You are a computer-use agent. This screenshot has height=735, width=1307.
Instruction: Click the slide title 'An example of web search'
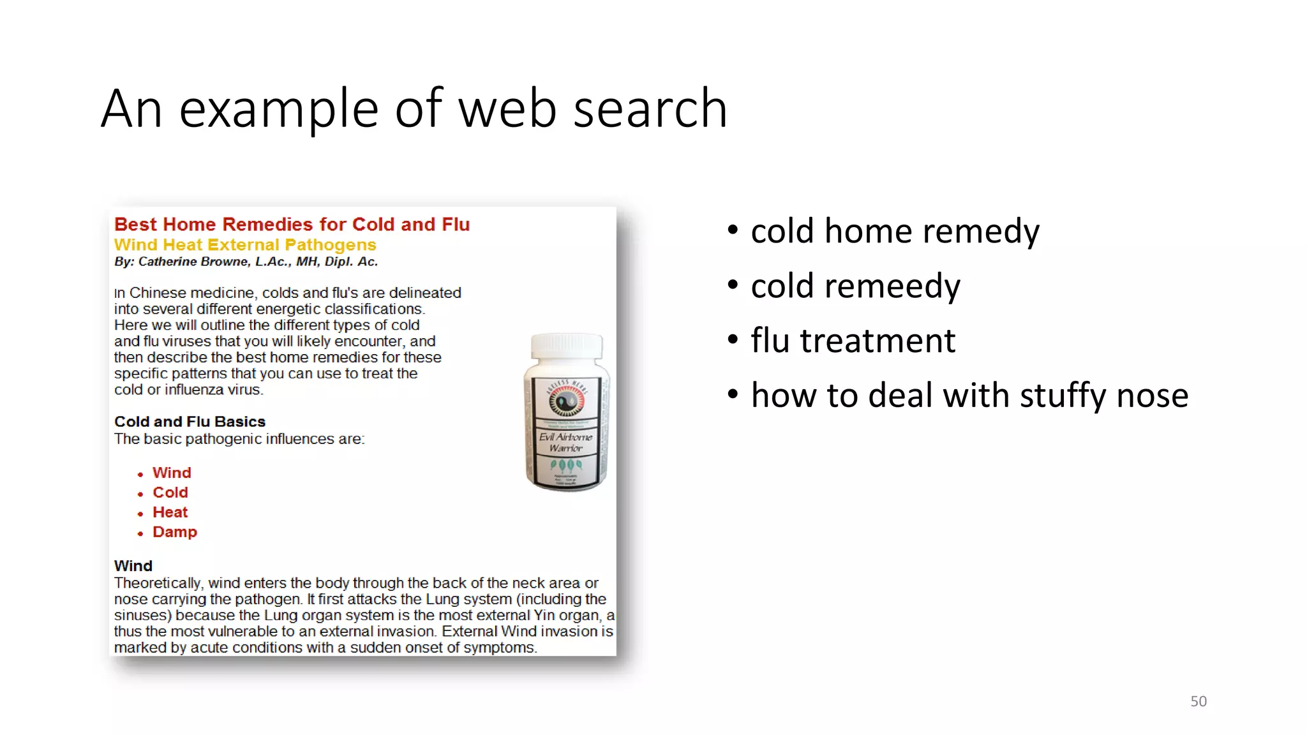pyautogui.click(x=414, y=108)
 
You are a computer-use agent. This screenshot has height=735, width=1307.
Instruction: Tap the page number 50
pyautogui.click(x=1198, y=701)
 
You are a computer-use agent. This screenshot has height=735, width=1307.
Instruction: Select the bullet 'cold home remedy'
pyautogui.click(x=895, y=230)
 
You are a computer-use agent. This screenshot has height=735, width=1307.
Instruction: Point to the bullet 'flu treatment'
pyautogui.click(x=853, y=340)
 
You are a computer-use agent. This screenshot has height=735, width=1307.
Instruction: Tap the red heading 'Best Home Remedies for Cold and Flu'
pyautogui.click(x=292, y=225)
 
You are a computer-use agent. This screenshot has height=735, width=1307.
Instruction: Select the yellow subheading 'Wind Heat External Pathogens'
pyautogui.click(x=245, y=245)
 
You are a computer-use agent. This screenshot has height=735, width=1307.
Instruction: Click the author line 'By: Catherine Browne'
pyautogui.click(x=246, y=262)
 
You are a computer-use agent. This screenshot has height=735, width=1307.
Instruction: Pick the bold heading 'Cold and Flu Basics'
pyautogui.click(x=190, y=422)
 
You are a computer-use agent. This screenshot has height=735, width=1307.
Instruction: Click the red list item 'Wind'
pyautogui.click(x=172, y=473)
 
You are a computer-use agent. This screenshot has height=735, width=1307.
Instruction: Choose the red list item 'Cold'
pyautogui.click(x=170, y=493)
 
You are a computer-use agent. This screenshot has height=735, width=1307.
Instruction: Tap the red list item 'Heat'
pyautogui.click(x=170, y=512)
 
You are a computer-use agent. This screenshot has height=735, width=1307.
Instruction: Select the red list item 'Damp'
pyautogui.click(x=175, y=532)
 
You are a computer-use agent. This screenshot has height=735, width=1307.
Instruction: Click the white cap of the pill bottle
pyautogui.click(x=567, y=345)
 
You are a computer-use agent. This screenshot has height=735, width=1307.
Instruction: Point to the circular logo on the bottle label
pyautogui.click(x=565, y=401)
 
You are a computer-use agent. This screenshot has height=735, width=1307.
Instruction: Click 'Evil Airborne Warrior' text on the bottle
pyautogui.click(x=566, y=442)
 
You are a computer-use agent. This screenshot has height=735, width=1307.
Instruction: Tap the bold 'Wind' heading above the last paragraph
pyautogui.click(x=133, y=566)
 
